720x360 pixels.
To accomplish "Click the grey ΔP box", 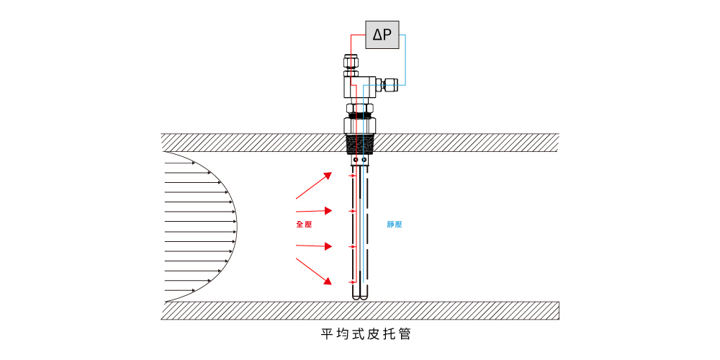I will (382, 34).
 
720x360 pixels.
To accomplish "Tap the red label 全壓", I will (304, 225).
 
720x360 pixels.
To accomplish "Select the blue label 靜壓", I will (395, 225).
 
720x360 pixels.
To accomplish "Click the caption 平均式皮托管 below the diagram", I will (366, 335).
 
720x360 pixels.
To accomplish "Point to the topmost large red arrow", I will (314, 186).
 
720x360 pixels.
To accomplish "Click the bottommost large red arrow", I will (314, 269).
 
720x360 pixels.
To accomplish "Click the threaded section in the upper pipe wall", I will (360, 143).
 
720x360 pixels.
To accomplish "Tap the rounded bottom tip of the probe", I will (360, 296).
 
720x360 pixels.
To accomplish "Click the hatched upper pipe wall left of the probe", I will (252, 143).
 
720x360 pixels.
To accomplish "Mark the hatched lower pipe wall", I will (360, 310).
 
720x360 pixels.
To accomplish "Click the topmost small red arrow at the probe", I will (353, 176).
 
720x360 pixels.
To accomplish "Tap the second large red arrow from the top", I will (314, 211).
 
